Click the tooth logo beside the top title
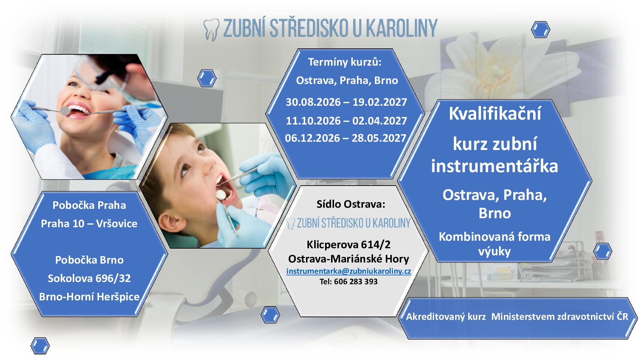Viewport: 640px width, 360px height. (x=211, y=30)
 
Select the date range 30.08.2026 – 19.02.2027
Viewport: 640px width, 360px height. (x=346, y=102)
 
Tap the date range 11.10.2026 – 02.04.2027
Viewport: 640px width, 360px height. (x=346, y=121)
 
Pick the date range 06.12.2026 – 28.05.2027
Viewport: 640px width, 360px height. (x=345, y=138)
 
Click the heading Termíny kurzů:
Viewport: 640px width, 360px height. (x=345, y=62)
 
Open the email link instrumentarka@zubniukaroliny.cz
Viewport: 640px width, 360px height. (x=349, y=271)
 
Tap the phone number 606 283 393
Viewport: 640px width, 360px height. (x=356, y=282)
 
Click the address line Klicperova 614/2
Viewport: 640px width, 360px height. (x=349, y=244)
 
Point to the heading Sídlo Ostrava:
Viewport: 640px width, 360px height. (x=351, y=204)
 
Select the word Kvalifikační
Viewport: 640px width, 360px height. (x=495, y=113)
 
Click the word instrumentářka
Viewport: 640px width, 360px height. (x=494, y=166)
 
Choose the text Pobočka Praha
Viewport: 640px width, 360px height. (x=89, y=205)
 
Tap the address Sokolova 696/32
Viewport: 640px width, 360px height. (x=89, y=278)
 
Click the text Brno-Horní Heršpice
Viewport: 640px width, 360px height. (x=89, y=297)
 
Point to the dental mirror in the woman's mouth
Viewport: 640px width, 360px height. (x=65, y=111)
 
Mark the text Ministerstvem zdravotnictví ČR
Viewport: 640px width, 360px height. (x=560, y=316)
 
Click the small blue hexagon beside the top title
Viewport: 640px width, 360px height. (x=541, y=29)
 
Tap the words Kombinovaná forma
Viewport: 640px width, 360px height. (x=495, y=237)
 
